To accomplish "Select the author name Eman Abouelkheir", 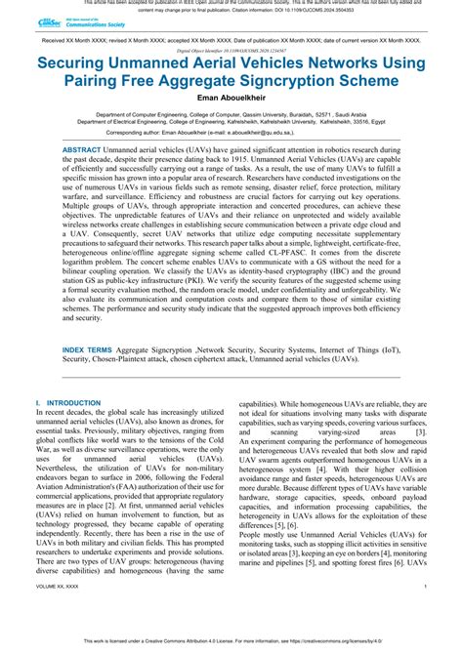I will coord(231,96).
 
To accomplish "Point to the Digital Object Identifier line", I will coord(231,45).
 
